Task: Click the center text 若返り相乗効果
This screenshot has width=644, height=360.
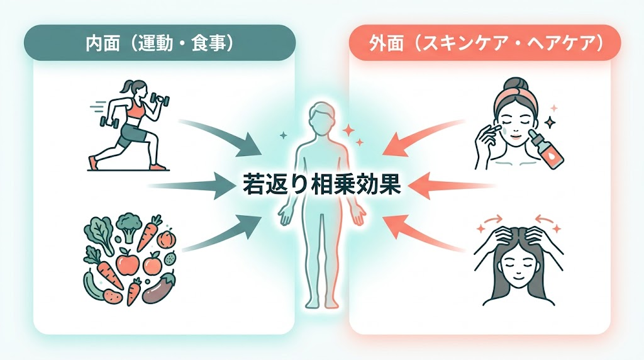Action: click(x=321, y=184)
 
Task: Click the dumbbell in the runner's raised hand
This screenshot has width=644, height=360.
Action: click(x=160, y=99)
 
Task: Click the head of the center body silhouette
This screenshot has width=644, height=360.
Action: click(x=321, y=117)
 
